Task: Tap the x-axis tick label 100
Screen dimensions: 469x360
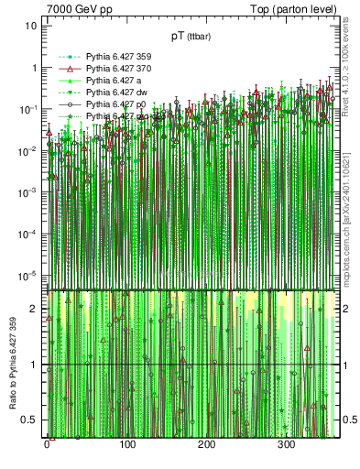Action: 126,444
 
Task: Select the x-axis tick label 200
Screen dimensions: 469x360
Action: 207,444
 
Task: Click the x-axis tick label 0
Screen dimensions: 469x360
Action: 47,444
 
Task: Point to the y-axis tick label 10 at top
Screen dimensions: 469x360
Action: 31,26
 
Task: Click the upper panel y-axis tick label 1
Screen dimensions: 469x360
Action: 34,68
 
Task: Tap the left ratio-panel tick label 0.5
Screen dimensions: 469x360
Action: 30,420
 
